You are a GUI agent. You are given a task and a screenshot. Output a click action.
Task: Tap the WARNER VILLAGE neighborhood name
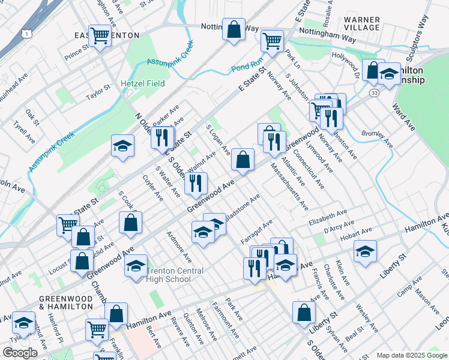(362, 23)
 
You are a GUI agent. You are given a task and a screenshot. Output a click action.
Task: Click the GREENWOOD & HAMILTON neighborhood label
(66, 302)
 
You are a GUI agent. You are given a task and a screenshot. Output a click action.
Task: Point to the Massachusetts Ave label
(289, 186)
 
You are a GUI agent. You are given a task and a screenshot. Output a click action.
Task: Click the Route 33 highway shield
(374, 93)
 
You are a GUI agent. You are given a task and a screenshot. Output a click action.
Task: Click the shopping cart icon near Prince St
(100, 35)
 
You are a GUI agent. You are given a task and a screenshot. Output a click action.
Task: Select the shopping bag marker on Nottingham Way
(234, 28)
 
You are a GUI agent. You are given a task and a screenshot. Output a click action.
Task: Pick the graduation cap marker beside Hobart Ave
(364, 252)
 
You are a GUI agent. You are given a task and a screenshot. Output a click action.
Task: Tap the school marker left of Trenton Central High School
(136, 265)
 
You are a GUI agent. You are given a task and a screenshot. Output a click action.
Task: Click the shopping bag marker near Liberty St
(304, 312)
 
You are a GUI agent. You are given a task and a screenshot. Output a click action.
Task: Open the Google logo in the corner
(19, 353)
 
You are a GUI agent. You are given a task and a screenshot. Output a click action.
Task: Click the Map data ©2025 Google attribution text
(411, 355)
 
